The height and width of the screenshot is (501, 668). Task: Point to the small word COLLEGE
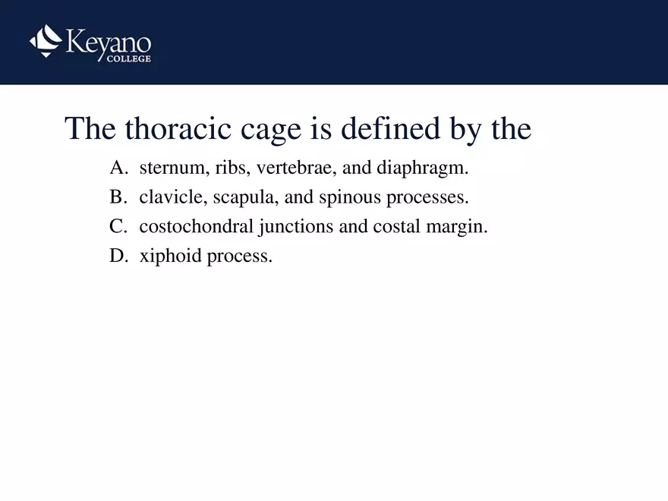[x=128, y=59]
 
